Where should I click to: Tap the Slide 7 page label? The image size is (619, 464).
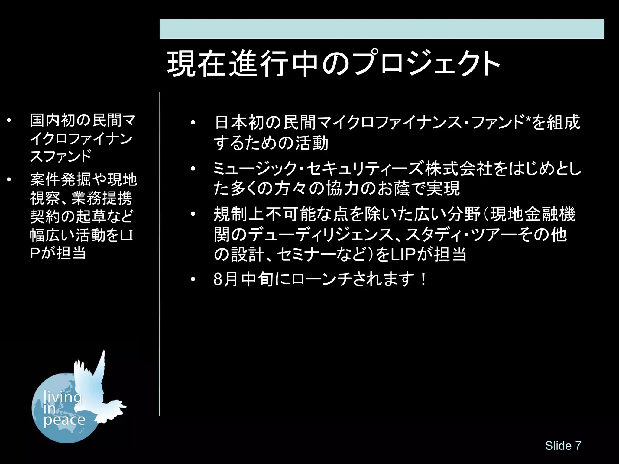click(563, 446)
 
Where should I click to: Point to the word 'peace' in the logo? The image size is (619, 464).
click(64, 420)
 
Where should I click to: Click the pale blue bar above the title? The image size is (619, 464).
click(382, 29)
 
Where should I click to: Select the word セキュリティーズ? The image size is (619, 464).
click(365, 168)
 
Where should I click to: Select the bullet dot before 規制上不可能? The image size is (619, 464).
click(193, 214)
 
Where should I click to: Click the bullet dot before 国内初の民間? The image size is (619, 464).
click(9, 121)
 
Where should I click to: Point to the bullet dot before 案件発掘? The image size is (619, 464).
click(9, 180)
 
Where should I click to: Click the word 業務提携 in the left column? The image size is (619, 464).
click(102, 198)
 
